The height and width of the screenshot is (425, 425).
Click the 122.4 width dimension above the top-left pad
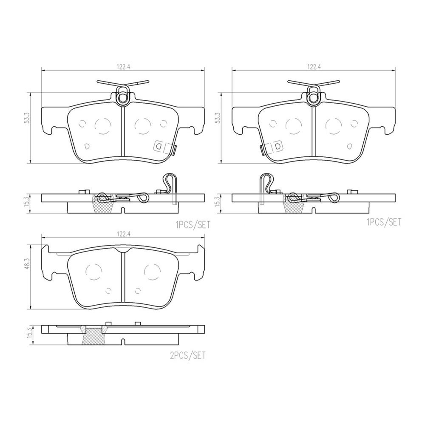pyautogui.click(x=124, y=67)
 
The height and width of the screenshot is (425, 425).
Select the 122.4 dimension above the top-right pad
pyautogui.click(x=314, y=67)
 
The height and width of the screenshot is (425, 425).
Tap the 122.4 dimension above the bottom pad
pyautogui.click(x=124, y=235)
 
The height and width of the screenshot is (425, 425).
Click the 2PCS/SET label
pyautogui.click(x=187, y=355)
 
